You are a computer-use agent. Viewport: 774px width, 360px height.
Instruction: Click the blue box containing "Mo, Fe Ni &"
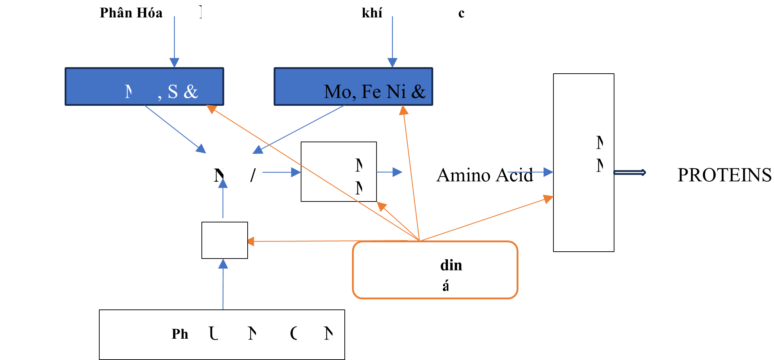[x=353, y=86]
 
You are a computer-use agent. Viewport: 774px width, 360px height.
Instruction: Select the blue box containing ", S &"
[x=144, y=86]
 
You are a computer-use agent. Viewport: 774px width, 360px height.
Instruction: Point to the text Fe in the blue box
[x=371, y=91]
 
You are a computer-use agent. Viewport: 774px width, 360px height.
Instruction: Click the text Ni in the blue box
[x=396, y=91]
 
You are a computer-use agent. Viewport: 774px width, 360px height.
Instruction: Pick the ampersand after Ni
[x=418, y=92]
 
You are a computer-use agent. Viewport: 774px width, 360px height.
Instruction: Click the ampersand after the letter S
[x=191, y=92]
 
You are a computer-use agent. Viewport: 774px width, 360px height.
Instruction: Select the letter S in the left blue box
[x=173, y=92]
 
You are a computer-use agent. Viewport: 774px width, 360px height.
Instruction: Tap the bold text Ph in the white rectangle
[x=180, y=334]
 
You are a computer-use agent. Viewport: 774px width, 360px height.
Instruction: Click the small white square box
[x=225, y=240]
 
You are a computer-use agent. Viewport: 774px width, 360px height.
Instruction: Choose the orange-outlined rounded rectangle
[x=435, y=270]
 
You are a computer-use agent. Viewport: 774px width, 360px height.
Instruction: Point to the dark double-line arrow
[x=630, y=173]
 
